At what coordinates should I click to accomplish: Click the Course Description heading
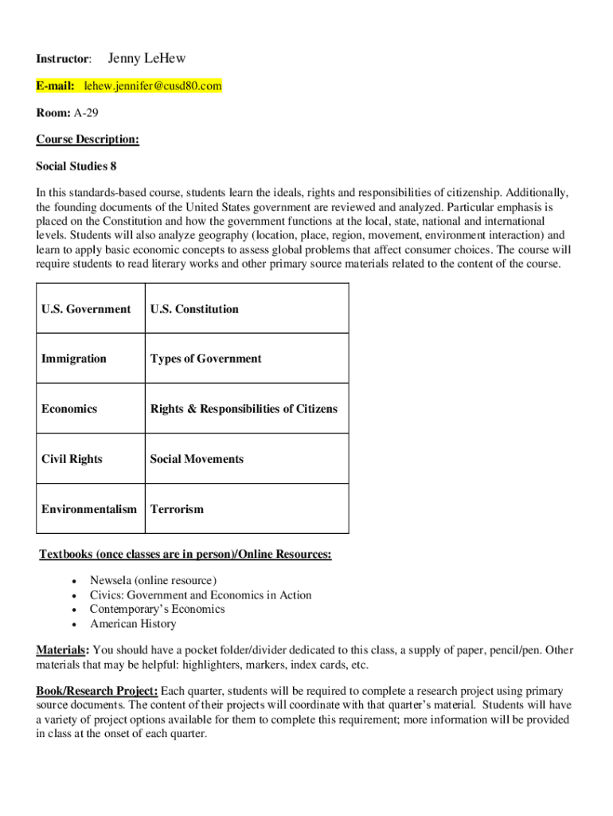pos(88,139)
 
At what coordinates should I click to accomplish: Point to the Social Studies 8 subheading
pos(76,166)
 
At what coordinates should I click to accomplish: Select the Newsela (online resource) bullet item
pos(153,581)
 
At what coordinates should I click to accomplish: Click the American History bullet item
pos(133,624)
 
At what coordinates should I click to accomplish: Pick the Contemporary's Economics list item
pos(157,610)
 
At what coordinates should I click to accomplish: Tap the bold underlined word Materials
pos(61,650)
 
